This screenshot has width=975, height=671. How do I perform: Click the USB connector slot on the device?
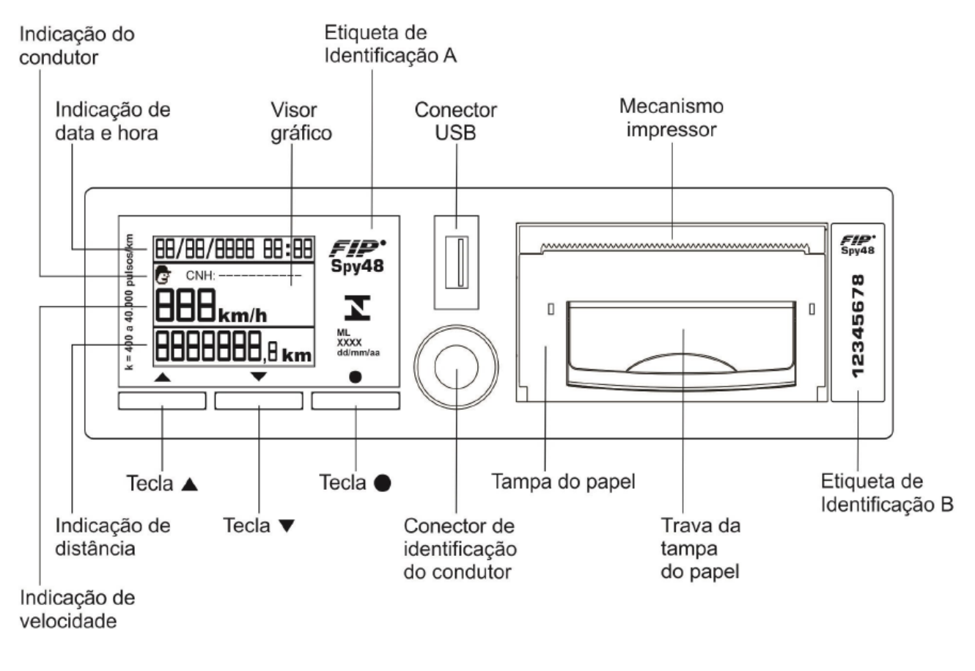pos(457,262)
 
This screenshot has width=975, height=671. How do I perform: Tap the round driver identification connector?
pos(456,367)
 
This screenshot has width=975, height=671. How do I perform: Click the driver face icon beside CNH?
pos(163,275)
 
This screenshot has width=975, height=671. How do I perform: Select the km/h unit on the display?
pos(243,315)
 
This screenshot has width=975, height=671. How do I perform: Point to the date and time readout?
pos(234,249)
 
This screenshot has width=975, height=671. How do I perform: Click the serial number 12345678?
pos(858,326)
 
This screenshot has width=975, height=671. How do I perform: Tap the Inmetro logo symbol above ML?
pos(357,307)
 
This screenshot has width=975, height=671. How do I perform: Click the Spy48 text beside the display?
pos(357,265)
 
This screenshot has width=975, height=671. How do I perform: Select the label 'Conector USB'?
pos(455,121)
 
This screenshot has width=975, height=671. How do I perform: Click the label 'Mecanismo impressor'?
pos(672,117)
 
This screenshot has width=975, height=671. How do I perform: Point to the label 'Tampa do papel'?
pos(563,481)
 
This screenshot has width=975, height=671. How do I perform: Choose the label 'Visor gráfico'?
pos(301,122)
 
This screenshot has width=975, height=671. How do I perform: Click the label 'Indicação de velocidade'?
pos(78,609)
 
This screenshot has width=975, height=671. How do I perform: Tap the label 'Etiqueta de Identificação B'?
pos(887,493)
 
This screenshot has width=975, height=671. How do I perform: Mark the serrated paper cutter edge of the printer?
pos(674,248)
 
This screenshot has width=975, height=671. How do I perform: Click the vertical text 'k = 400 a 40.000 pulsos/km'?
pos(129,302)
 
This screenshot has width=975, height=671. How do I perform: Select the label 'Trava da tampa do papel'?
pos(700,548)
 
